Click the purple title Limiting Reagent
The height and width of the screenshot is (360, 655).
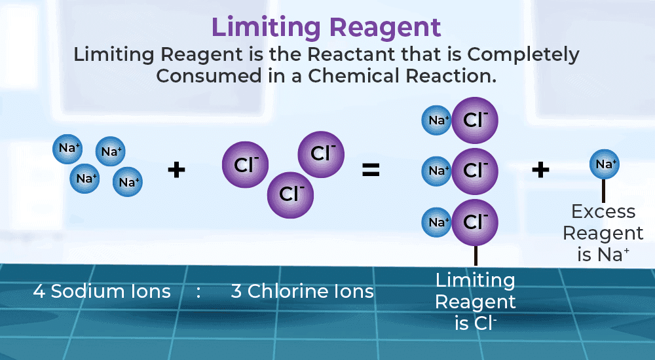coord(326,28)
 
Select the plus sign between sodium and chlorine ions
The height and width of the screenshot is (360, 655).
coord(176,170)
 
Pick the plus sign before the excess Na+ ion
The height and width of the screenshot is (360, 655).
coord(540,170)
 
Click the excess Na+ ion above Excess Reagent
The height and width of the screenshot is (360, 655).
coord(605,164)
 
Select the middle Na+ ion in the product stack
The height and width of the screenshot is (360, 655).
coord(437,171)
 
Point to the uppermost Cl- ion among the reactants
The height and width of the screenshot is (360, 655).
coord(321,154)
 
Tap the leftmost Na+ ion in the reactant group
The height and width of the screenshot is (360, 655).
coord(67,148)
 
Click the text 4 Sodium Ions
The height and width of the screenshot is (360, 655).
coord(102,291)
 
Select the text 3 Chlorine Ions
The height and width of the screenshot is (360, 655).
coord(303,291)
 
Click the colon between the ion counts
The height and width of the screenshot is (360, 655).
coord(198,292)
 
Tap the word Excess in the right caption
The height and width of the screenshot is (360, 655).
coord(603,211)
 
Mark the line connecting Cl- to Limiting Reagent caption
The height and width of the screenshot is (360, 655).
coord(476,255)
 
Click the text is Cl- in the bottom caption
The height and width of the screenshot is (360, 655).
coord(476,323)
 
